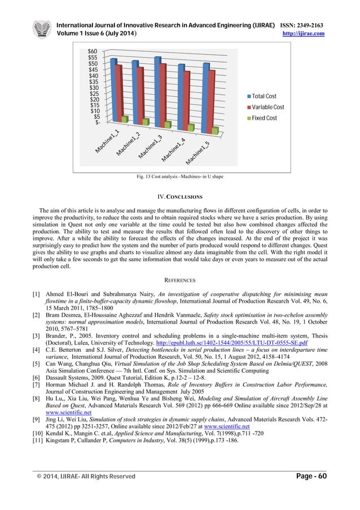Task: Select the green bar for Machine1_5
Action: (x=215, y=130)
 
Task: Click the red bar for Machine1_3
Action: (x=164, y=93)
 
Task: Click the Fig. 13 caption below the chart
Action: (x=179, y=177)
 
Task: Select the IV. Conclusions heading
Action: (x=179, y=197)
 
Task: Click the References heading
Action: (x=179, y=280)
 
